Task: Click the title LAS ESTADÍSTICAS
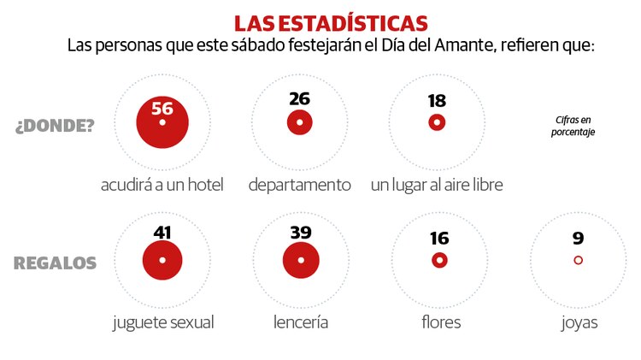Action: click(x=331, y=21)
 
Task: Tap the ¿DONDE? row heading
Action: click(x=55, y=126)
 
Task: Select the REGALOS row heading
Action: click(x=55, y=263)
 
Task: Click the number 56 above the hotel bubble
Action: click(x=162, y=108)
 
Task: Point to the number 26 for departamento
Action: click(x=299, y=98)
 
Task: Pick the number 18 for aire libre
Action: click(x=437, y=101)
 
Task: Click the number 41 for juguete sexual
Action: click(x=162, y=232)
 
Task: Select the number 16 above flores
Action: click(x=440, y=239)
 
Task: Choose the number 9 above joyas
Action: click(x=578, y=239)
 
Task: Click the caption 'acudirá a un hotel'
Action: click(x=162, y=185)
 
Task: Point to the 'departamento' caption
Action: click(x=299, y=185)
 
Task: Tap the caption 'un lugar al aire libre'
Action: click(x=437, y=185)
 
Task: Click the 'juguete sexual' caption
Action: click(x=162, y=322)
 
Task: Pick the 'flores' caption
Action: click(x=440, y=322)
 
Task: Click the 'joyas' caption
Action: click(x=578, y=322)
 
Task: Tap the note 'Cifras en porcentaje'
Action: click(x=573, y=126)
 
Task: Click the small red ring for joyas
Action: click(x=578, y=260)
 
